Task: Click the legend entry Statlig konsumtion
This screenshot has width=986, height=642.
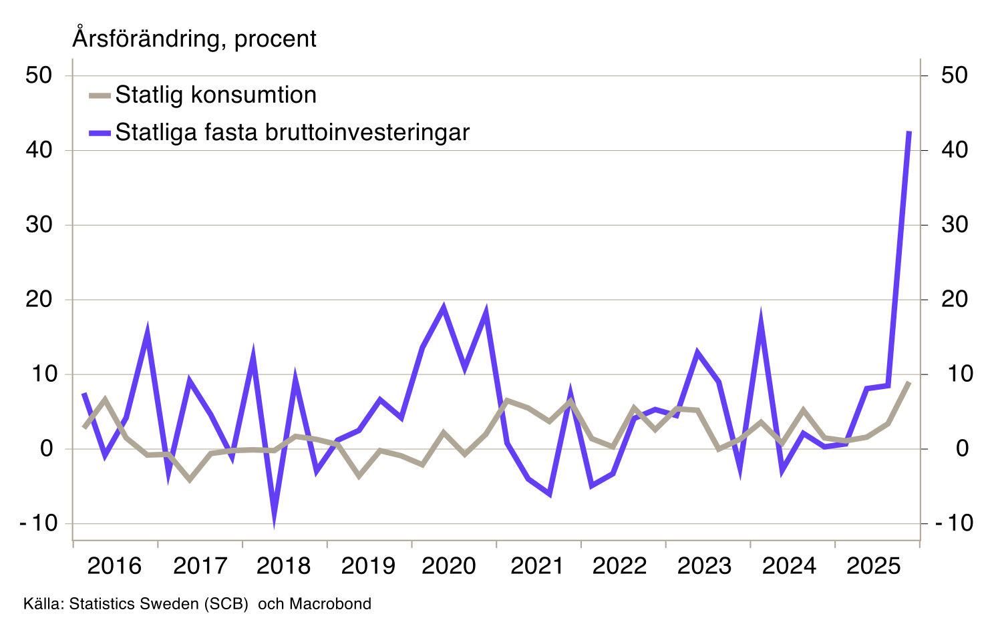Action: pos(215,95)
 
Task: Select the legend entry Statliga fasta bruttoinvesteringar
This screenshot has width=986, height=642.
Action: pos(292,133)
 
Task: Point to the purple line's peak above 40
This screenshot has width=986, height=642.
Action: pos(909,132)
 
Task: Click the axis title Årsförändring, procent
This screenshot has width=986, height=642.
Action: pos(194,39)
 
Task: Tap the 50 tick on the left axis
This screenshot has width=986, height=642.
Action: pos(39,75)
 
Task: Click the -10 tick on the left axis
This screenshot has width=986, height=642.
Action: pos(39,523)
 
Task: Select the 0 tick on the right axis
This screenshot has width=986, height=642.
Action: pos(962,448)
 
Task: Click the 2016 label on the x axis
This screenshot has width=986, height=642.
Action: pos(114,566)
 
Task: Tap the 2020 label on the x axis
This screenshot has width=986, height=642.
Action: pos(449,566)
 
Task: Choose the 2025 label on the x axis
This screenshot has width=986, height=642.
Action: pos(873,566)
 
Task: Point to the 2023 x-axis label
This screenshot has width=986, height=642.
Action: pos(704,566)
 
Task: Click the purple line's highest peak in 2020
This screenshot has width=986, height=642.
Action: pos(444,307)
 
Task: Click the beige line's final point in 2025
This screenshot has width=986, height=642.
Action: pos(909,382)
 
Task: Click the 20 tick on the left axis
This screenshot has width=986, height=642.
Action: pos(39,300)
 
